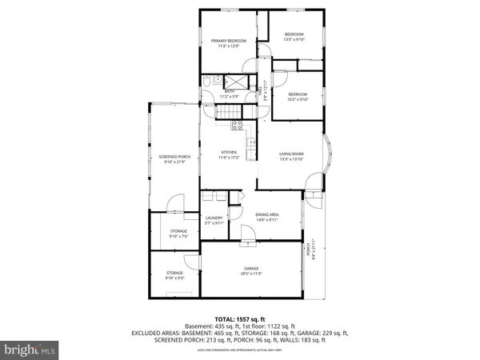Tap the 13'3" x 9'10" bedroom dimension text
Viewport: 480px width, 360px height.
point(294,40)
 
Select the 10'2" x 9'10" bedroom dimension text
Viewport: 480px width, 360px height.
point(298,99)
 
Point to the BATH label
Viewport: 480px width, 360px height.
point(230,91)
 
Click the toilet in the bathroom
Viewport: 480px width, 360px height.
point(206,82)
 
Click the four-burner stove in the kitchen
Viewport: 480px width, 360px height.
point(238,124)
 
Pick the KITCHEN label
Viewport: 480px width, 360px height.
point(229,152)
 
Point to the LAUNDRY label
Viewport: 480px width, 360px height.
point(213,218)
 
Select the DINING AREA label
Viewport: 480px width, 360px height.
point(267,214)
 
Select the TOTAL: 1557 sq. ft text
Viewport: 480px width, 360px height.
point(240,319)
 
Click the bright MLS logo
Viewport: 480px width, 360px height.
point(30,349)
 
